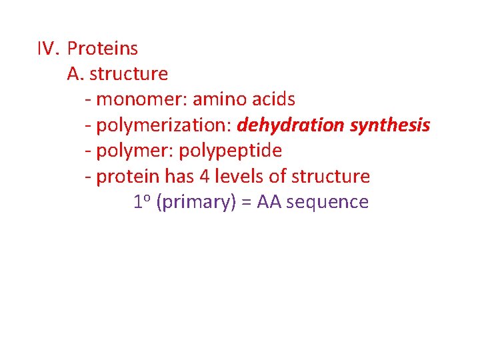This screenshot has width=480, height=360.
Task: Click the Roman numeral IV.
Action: pos(48,49)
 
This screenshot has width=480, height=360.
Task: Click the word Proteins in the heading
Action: pos(103,49)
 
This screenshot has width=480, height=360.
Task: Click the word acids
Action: pos(274,100)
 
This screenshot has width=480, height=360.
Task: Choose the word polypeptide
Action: pos(231,151)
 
